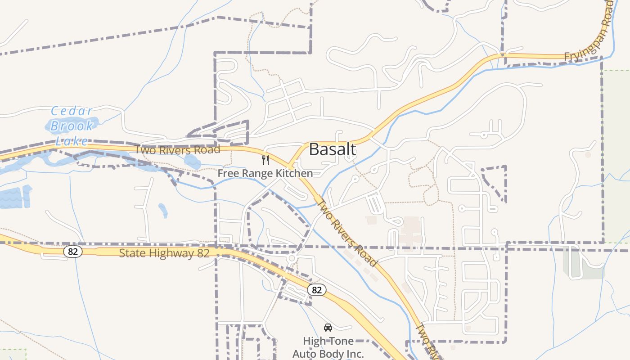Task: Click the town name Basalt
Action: tap(333, 149)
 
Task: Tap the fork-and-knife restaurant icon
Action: tap(265, 160)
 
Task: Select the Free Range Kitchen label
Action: tap(265, 173)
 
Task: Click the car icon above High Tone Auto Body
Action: tap(328, 327)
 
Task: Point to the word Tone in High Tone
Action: tap(341, 341)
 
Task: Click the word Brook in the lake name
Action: tap(72, 126)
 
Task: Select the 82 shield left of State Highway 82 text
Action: tap(73, 251)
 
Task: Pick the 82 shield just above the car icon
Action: tap(317, 290)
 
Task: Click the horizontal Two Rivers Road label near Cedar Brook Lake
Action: tap(178, 149)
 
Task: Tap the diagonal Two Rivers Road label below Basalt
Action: tap(347, 233)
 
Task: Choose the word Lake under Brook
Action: tap(72, 141)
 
